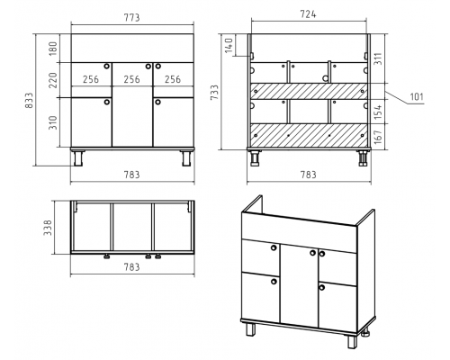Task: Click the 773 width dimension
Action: pyautogui.click(x=132, y=18)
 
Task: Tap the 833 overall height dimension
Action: pyautogui.click(x=30, y=101)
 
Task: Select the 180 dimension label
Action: pyautogui.click(x=52, y=49)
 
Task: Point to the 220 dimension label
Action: pyautogui.click(x=52, y=80)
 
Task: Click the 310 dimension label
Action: pyautogui.click(x=52, y=122)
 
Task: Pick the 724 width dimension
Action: pyautogui.click(x=308, y=14)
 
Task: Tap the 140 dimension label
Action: pyautogui.click(x=229, y=45)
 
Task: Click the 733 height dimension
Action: pyautogui.click(x=215, y=93)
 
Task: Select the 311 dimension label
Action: pyautogui.click(x=378, y=58)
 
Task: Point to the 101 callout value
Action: pyautogui.click(x=417, y=97)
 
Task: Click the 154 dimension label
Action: pyautogui.click(x=378, y=112)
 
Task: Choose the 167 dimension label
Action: pyautogui.click(x=378, y=137)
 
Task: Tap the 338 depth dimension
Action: pyautogui.click(x=48, y=228)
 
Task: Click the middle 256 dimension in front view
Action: pyautogui.click(x=132, y=79)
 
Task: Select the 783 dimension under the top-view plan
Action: pyautogui.click(x=132, y=266)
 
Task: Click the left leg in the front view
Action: pyautogui.click(x=78, y=158)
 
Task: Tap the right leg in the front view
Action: pyautogui.click(x=186, y=158)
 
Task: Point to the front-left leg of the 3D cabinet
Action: pyautogui.click(x=251, y=329)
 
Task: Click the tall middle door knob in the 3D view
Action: pyautogui.click(x=312, y=253)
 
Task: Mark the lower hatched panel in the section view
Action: pyautogui.click(x=309, y=135)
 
